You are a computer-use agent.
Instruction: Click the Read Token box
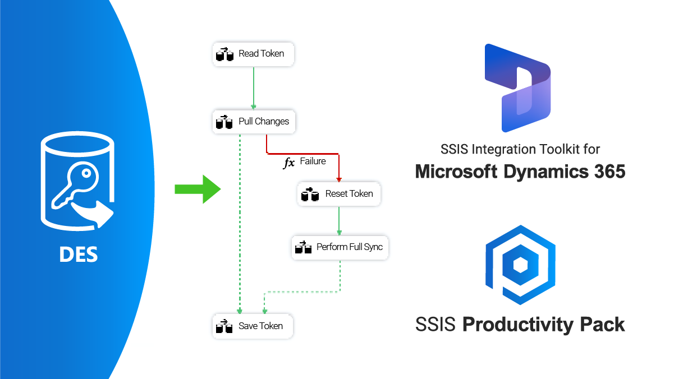253,54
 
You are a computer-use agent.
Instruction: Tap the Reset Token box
339,194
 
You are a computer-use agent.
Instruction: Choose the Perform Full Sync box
340,247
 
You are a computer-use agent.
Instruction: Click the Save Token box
253,326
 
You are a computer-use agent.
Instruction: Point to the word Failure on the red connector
313,161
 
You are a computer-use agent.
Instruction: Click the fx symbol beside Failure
288,163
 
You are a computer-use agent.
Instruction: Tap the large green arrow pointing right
198,188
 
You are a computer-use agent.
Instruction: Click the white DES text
79,255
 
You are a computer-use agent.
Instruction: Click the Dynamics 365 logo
517,87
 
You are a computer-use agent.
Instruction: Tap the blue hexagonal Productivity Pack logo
520,266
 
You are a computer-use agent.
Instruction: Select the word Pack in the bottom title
602,325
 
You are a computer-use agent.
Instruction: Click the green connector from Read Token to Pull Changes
254,87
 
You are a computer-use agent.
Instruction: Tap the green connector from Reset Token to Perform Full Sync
339,220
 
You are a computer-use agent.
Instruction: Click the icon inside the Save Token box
224,326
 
